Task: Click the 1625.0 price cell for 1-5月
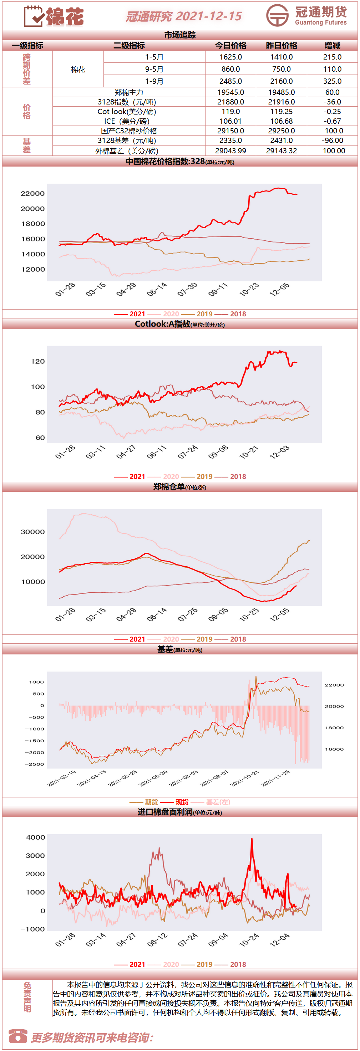click(x=230, y=57)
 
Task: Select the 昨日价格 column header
click(x=282, y=46)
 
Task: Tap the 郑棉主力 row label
click(x=129, y=93)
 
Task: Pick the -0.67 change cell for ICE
click(x=332, y=121)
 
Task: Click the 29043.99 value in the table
click(x=230, y=151)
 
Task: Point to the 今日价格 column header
click(x=230, y=46)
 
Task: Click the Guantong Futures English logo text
click(x=321, y=22)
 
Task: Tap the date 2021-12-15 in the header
click(x=209, y=16)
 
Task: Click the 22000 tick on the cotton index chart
click(x=33, y=193)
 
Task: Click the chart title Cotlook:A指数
click(x=162, y=324)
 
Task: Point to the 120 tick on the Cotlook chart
click(x=38, y=362)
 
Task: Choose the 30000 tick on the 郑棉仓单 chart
click(x=33, y=532)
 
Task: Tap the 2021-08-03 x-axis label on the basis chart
click(x=184, y=779)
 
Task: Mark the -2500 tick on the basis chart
click(x=34, y=764)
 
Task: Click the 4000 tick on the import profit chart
click(x=36, y=837)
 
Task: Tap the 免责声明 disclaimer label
click(x=27, y=998)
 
